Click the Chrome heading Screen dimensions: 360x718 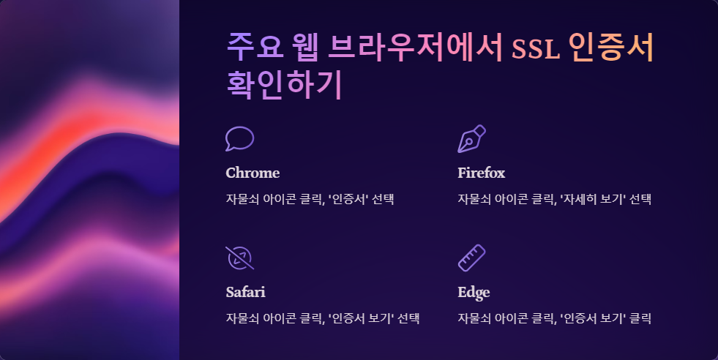[x=253, y=173]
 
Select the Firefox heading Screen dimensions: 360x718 [x=481, y=173]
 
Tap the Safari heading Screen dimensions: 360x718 [x=245, y=292]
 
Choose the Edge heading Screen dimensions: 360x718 [x=474, y=292]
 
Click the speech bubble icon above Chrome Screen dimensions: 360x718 [x=239, y=139]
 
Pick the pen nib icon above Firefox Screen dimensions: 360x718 [x=471, y=139]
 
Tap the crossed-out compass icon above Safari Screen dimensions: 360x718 [x=239, y=258]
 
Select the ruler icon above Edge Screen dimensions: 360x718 [x=471, y=258]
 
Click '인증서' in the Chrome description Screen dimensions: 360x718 [x=348, y=199]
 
